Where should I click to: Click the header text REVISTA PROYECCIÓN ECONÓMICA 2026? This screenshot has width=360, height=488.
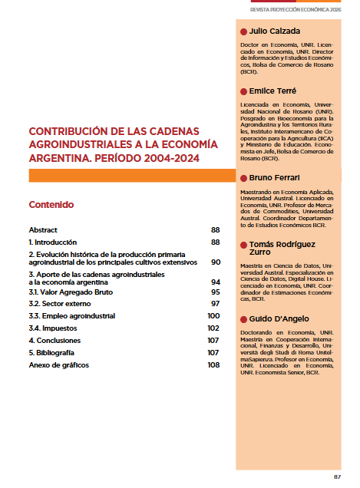(295, 10)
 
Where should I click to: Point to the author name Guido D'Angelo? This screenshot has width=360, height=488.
(278, 318)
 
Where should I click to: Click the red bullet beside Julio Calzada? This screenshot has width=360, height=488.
(243, 31)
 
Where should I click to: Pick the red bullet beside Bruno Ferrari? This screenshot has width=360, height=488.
(243, 178)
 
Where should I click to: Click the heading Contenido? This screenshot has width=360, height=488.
(51, 205)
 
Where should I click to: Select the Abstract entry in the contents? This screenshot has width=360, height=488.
(43, 229)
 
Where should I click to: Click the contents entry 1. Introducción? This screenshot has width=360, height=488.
(58, 242)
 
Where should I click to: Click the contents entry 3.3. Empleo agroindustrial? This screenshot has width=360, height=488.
(72, 316)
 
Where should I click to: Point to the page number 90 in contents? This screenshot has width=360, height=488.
(215, 262)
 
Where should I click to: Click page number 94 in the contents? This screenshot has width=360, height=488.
(215, 282)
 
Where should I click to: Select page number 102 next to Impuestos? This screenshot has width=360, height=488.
(213, 328)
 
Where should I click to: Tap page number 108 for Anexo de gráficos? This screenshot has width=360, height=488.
(213, 364)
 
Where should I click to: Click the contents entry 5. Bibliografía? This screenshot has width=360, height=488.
(51, 352)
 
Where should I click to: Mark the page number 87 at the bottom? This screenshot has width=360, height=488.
(337, 476)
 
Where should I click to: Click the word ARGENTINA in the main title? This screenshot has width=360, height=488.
(54, 158)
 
